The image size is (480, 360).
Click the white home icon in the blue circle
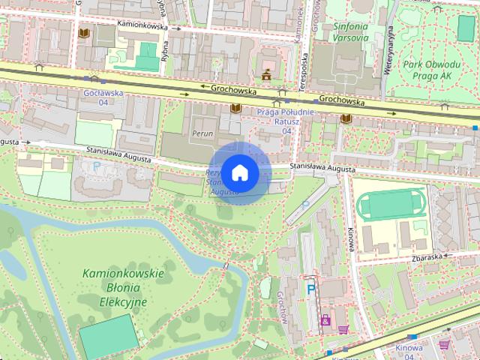coord(240,173)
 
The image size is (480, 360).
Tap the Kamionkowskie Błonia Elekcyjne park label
coord(123,288)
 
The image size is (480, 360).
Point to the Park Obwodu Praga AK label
coord(436,70)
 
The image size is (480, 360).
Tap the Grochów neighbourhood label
coord(283,307)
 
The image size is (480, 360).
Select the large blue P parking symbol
coord(310,286)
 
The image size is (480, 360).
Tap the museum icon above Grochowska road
coord(266,73)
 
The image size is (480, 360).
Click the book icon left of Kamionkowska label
coord(84,34)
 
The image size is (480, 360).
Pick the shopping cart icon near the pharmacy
coord(343,328)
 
